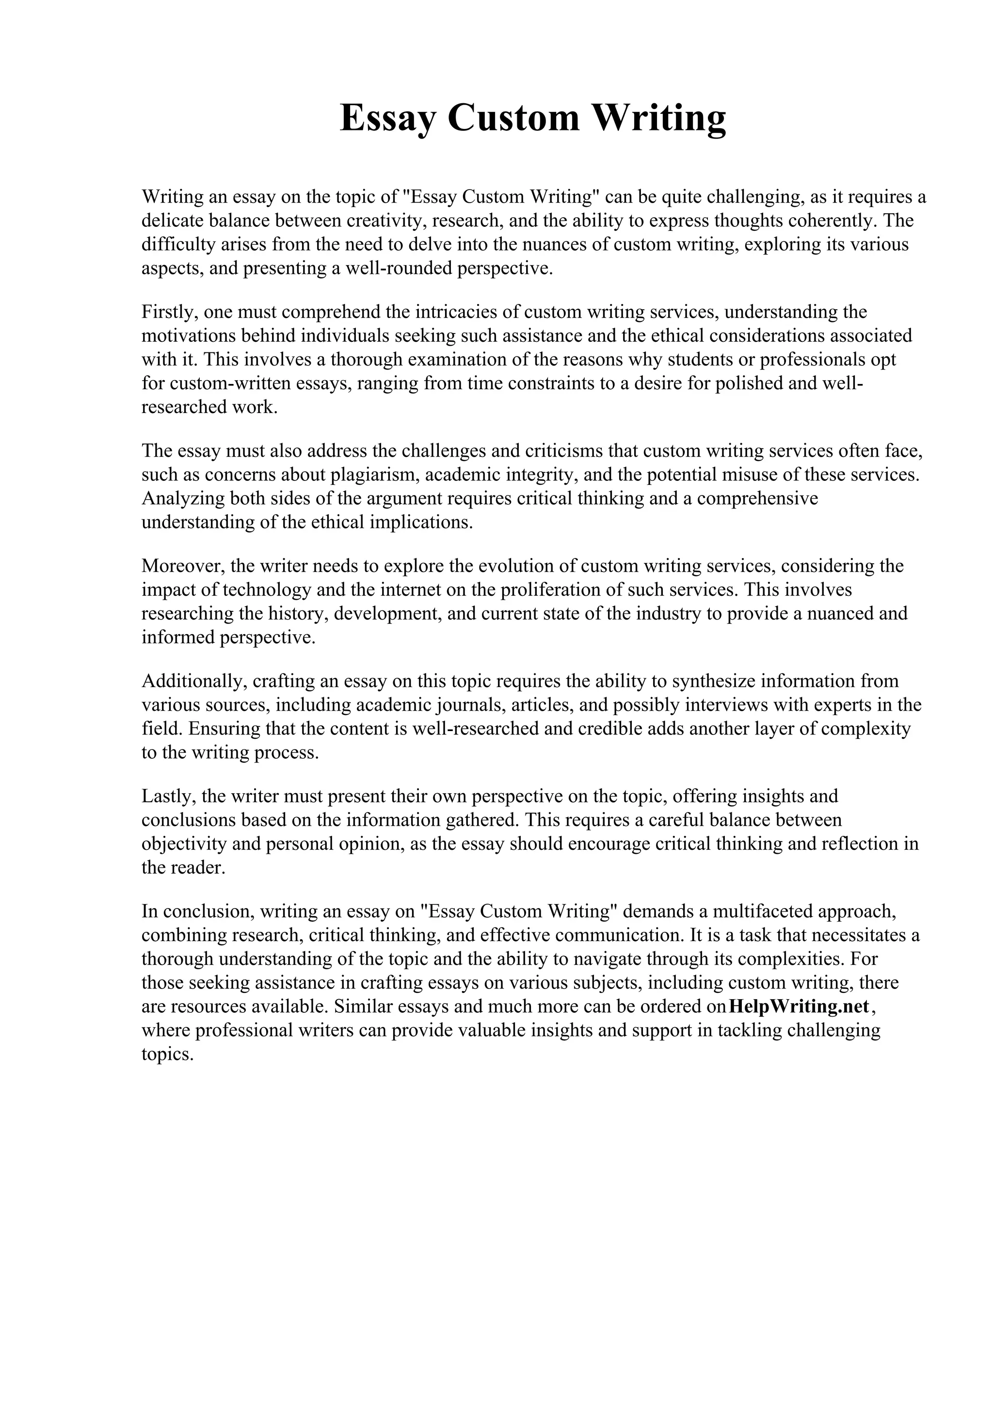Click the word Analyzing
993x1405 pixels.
pyautogui.click(x=182, y=499)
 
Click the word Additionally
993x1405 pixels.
pyautogui.click(x=194, y=681)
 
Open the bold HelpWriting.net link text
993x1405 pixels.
pyautogui.click(x=799, y=1006)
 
